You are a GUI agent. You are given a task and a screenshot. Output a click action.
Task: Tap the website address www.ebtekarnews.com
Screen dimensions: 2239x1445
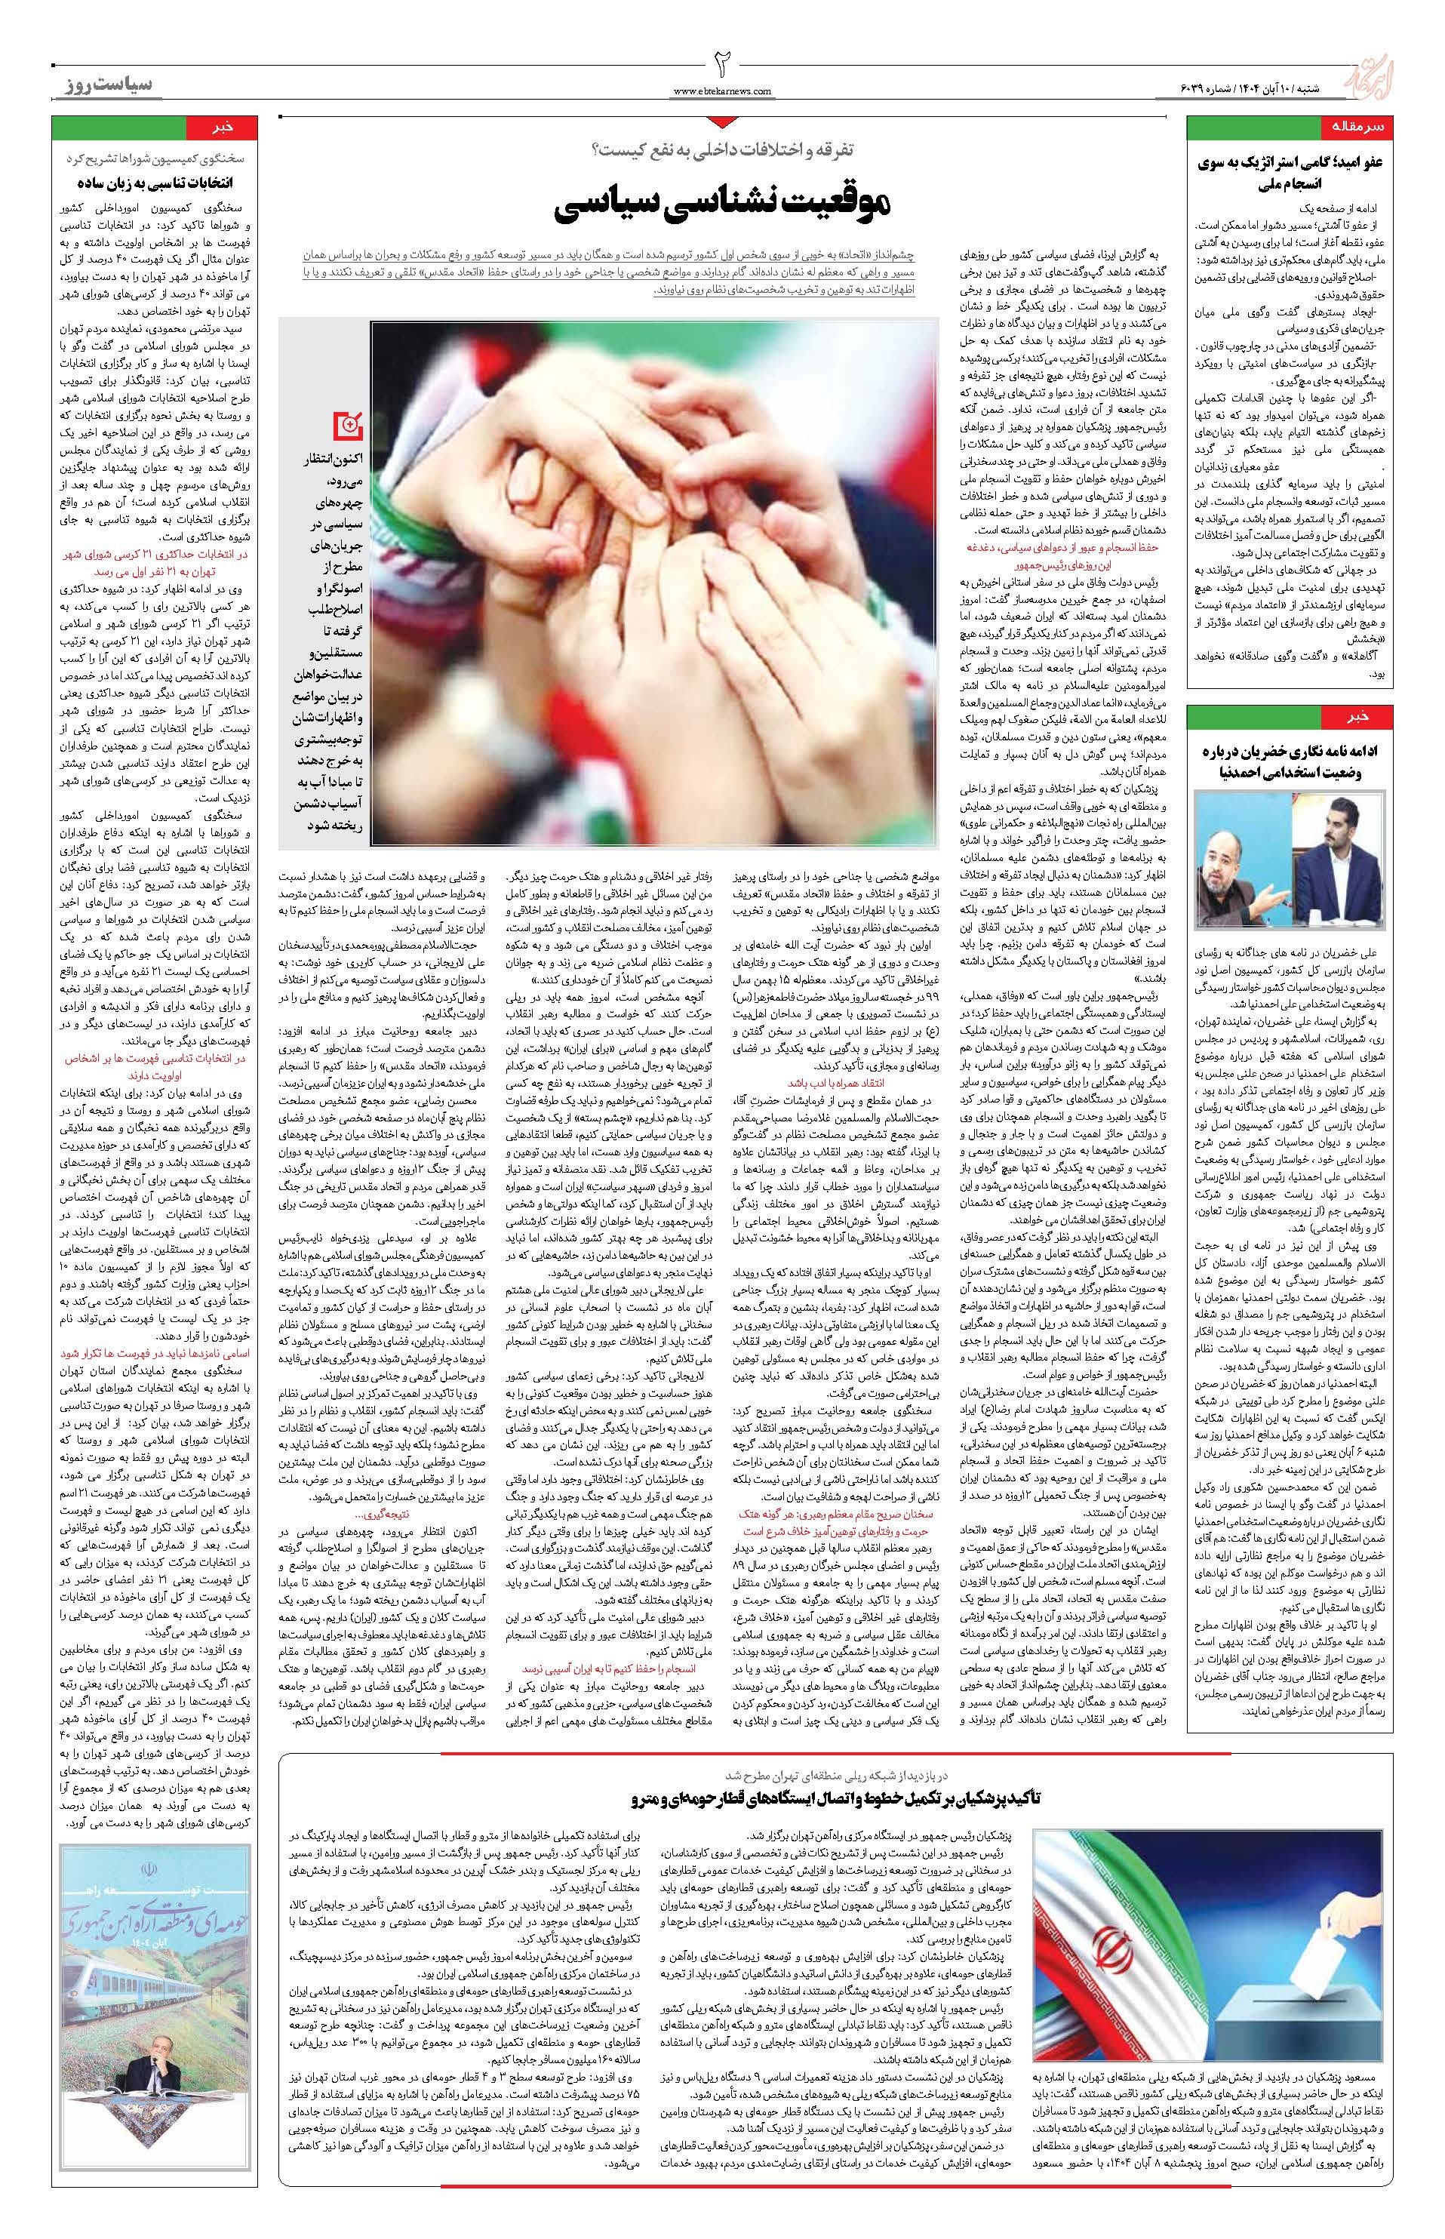[723, 91]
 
